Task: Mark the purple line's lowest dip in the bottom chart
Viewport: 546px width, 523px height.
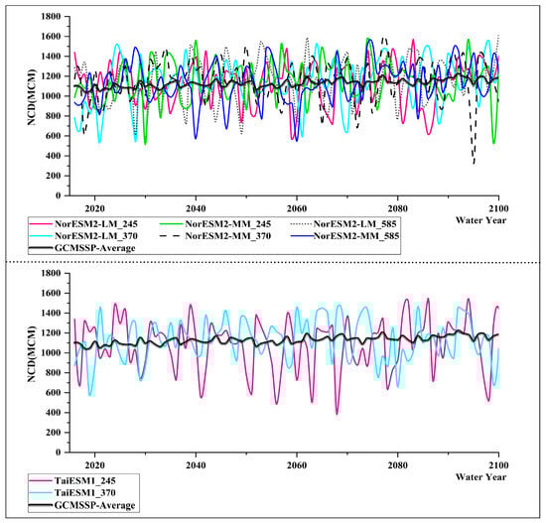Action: pyautogui.click(x=337, y=413)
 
